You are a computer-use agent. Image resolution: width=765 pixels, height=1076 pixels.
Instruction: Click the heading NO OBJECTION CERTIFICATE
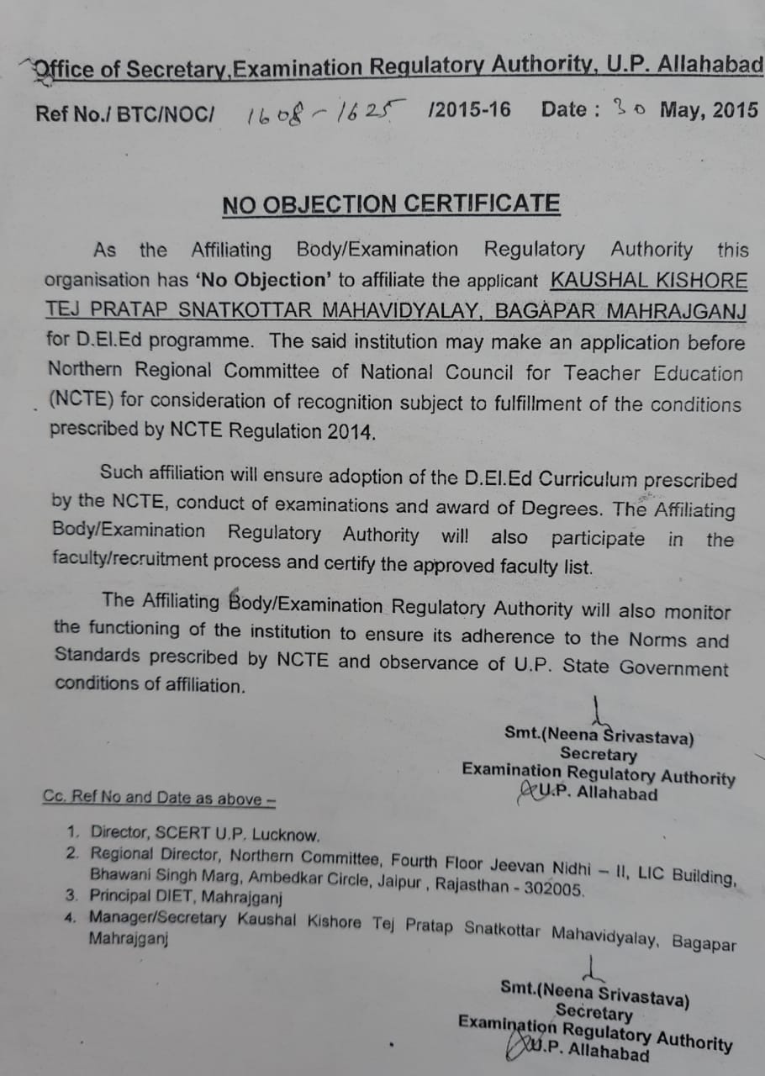[x=391, y=204]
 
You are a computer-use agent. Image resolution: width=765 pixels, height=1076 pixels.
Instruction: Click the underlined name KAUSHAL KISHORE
[x=648, y=281]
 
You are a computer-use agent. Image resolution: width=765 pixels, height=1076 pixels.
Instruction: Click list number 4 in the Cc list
[x=71, y=917]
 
